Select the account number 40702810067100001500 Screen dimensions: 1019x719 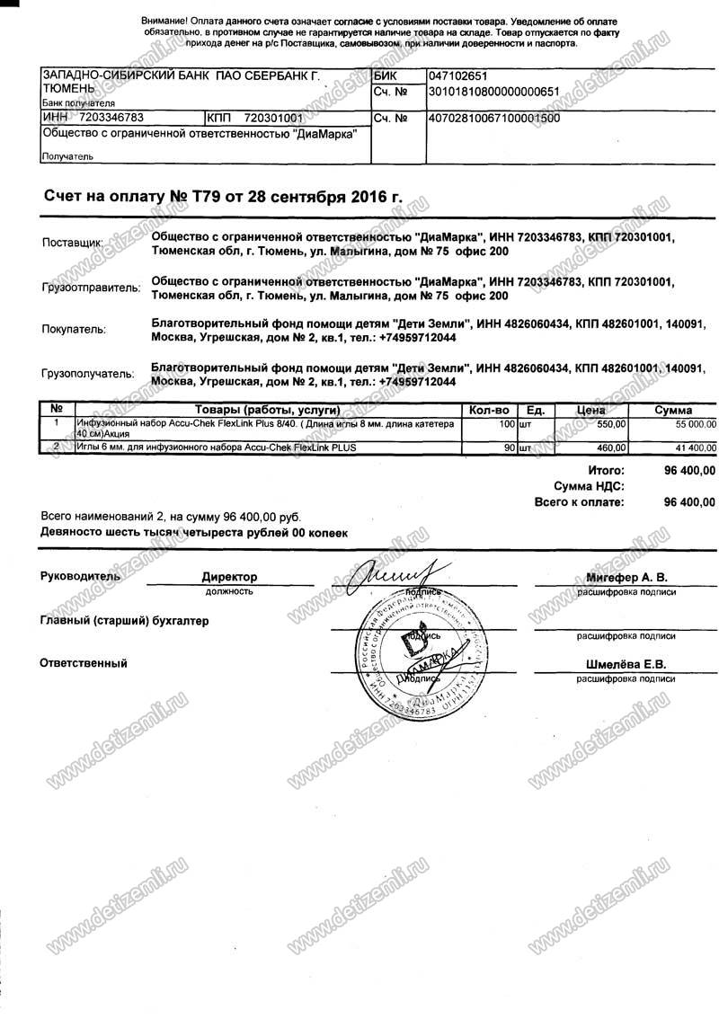pos(495,118)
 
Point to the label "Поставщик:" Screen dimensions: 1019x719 pos(72,244)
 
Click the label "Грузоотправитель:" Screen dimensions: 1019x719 pos(91,288)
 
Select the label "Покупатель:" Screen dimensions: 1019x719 pos(74,330)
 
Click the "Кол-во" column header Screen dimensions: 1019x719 pos(489,410)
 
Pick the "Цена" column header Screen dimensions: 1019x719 pos(588,410)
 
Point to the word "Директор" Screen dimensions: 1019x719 pos(229,577)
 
